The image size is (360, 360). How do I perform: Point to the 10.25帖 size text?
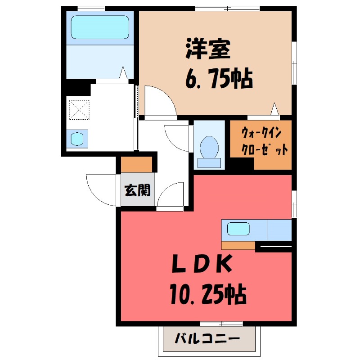coord(208,295)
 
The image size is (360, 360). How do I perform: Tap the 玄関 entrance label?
coord(137,190)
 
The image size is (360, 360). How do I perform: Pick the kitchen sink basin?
coord(238,229)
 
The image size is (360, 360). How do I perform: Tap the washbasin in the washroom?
coord(77,138)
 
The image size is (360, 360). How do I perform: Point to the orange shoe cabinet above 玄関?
coord(137,165)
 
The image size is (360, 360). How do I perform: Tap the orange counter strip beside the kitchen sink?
coord(238,245)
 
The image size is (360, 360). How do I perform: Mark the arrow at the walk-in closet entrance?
coord(275,108)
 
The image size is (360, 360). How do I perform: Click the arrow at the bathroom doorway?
coord(123,73)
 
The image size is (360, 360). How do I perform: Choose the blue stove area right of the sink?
coord(279,229)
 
